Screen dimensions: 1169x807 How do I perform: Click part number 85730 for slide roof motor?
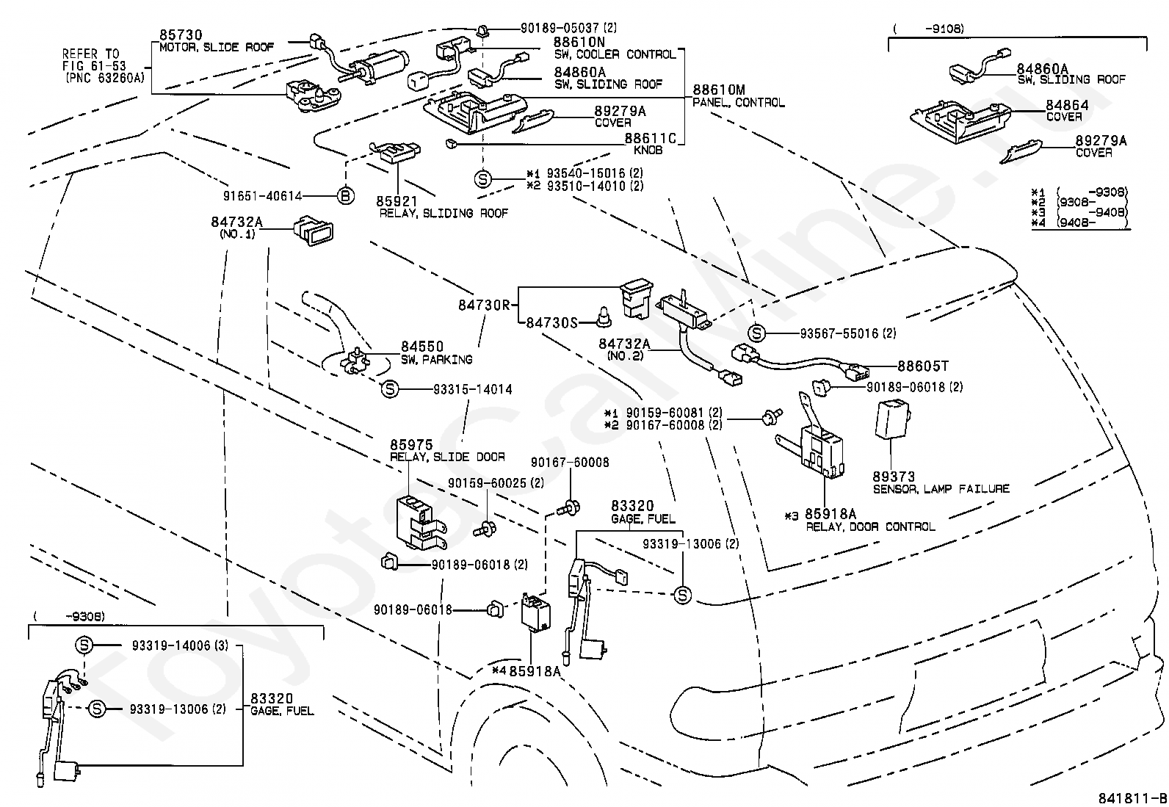tap(181, 35)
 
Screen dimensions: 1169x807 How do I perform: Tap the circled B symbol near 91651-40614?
tap(345, 196)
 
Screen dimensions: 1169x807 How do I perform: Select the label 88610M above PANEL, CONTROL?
tap(719, 90)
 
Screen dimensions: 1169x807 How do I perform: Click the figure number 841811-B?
tap(1132, 798)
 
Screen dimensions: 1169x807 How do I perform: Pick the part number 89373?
tap(894, 477)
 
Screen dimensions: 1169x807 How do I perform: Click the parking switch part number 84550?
tap(422, 347)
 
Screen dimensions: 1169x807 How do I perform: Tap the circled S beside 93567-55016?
tap(756, 333)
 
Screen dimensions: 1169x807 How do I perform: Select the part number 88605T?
tap(923, 366)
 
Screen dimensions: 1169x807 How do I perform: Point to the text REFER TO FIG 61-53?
tap(94, 59)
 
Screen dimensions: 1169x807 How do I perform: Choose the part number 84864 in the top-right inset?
tap(1067, 105)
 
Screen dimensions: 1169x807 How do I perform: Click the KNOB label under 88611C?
tap(648, 151)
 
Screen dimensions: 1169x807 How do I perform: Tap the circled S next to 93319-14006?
tap(84, 645)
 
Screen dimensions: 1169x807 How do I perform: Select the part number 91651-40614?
tap(262, 196)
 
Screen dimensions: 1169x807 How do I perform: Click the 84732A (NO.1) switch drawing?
tap(313, 231)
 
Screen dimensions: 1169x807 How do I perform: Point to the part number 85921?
tap(397, 201)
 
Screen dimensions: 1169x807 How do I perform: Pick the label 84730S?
tap(551, 323)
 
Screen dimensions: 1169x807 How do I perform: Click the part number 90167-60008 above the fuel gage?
tap(570, 463)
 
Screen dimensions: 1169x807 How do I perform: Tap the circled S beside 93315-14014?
tap(390, 389)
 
